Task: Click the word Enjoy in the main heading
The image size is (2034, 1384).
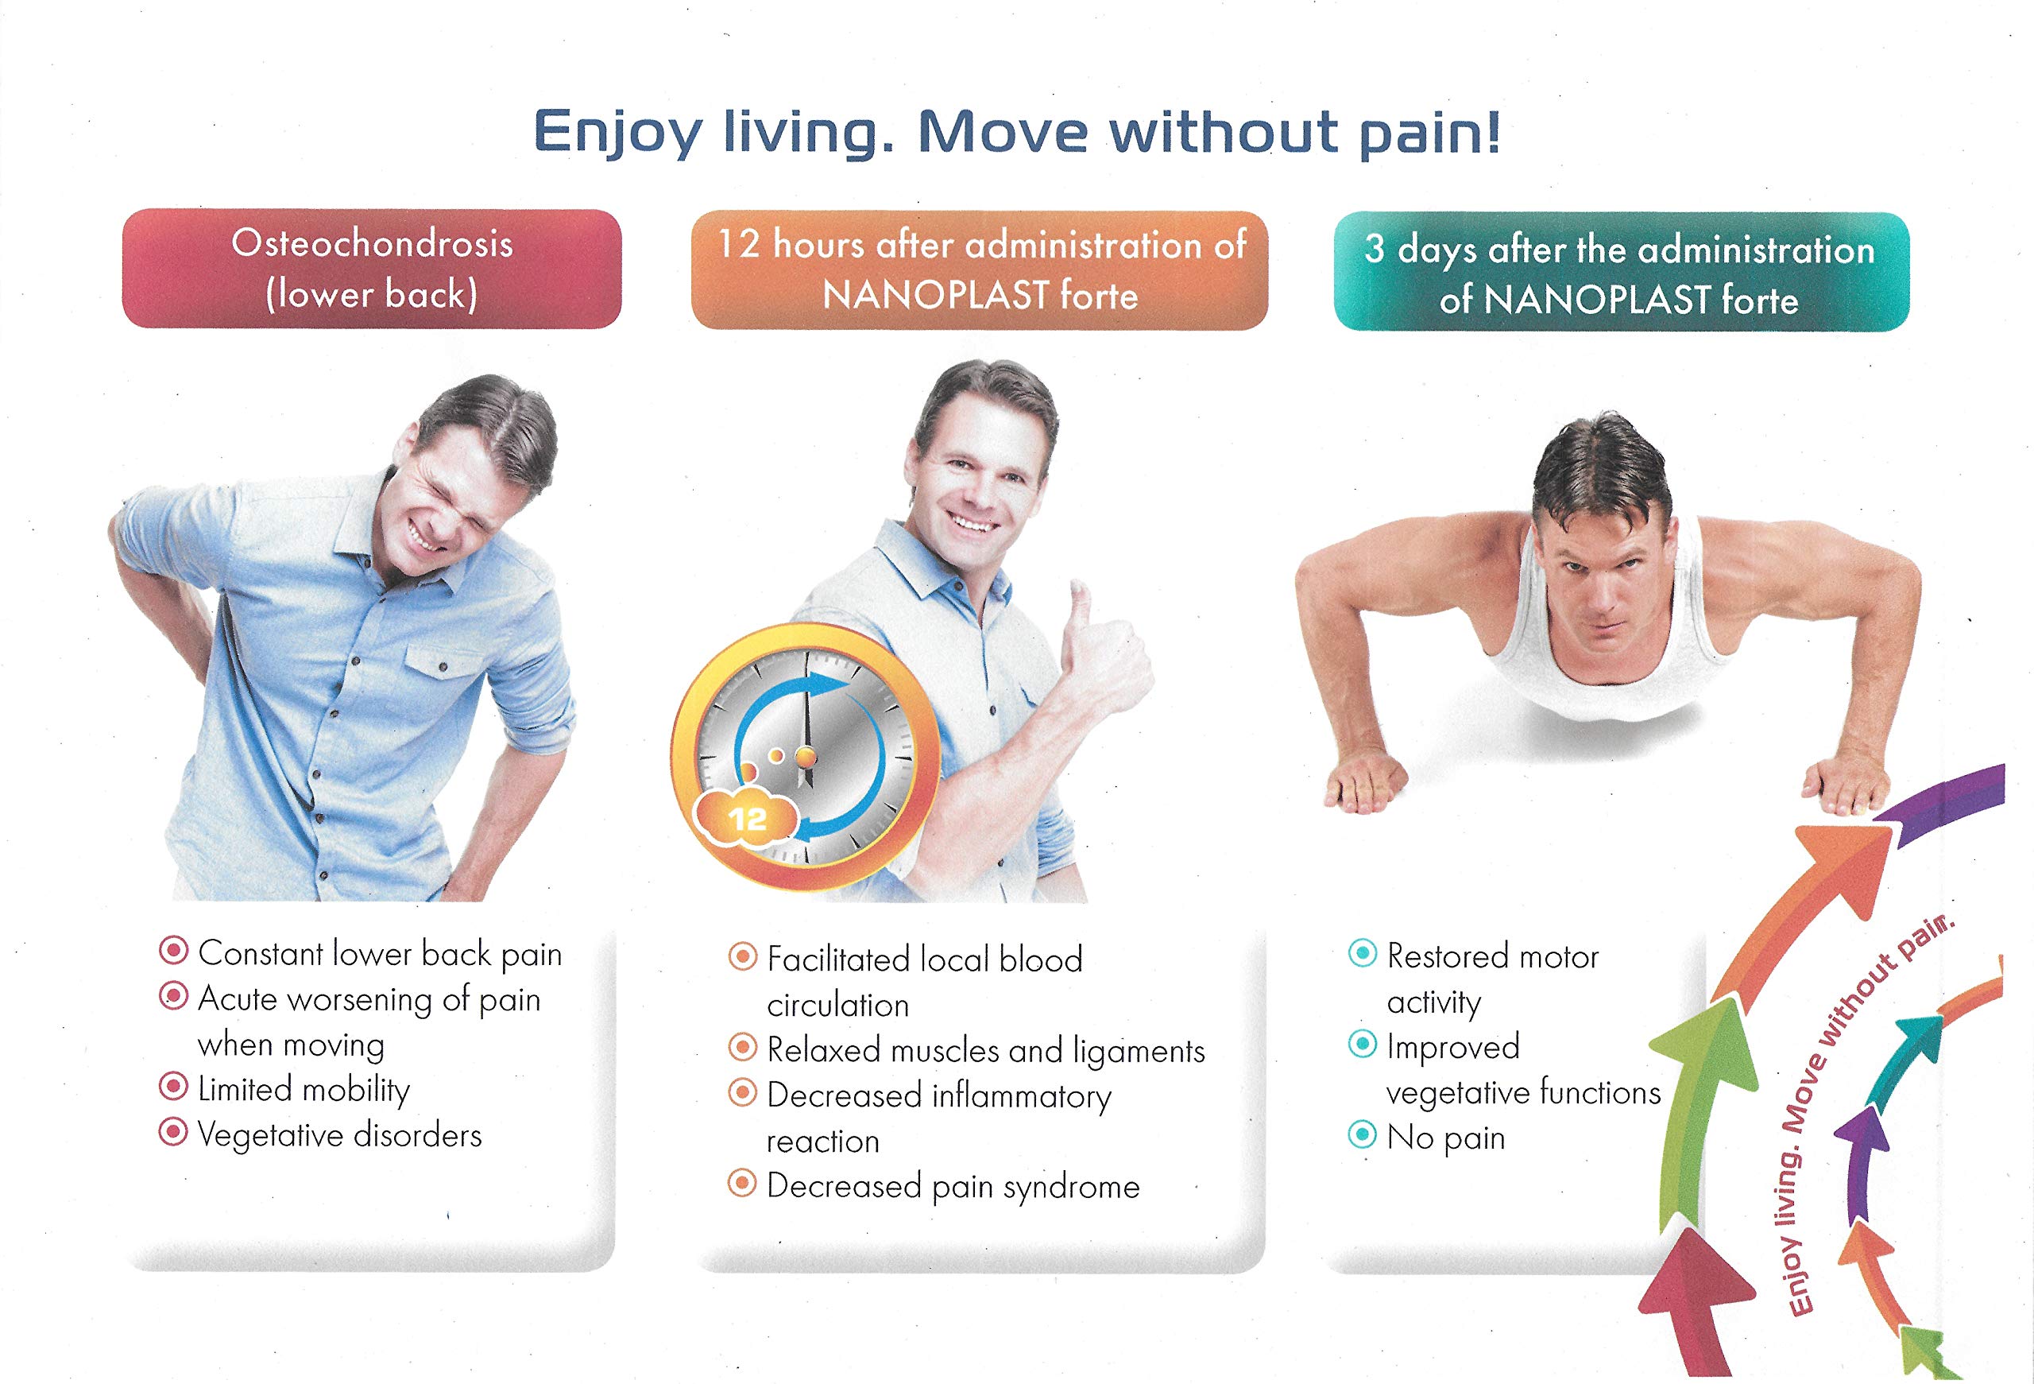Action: click(x=617, y=134)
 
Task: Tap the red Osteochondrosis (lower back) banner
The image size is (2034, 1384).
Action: click(x=372, y=269)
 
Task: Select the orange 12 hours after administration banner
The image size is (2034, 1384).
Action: click(x=980, y=270)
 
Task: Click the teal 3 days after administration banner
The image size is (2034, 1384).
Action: click(x=1621, y=272)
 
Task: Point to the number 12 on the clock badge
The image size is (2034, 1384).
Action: click(x=747, y=820)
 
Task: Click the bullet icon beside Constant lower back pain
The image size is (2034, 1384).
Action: click(x=173, y=951)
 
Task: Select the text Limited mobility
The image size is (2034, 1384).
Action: click(x=304, y=1089)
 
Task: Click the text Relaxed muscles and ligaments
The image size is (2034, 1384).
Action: click(x=985, y=1050)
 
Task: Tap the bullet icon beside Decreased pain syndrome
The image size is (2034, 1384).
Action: click(x=742, y=1184)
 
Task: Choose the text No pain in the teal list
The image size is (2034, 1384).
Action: click(x=1446, y=1137)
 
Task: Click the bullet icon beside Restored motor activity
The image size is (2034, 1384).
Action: click(x=1363, y=952)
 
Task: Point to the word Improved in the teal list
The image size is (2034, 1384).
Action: click(x=1453, y=1047)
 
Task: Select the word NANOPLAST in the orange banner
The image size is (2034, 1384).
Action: click(x=936, y=296)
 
